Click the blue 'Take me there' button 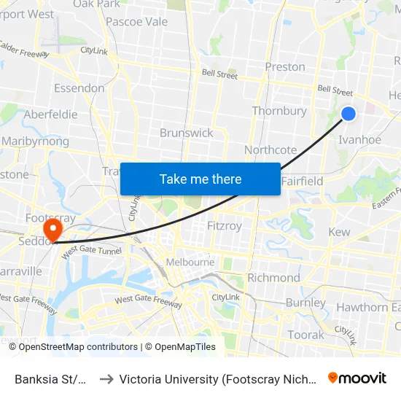coord(200,179)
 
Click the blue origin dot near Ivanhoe coord(349,113)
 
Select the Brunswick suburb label coord(187,133)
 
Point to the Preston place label coord(285,66)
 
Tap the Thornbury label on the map coord(279,111)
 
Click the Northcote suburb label coord(270,149)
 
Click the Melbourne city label coord(190,262)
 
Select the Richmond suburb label coord(273,278)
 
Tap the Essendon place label coord(79,88)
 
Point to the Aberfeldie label coord(50,114)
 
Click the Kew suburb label coord(340,232)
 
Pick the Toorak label coord(306,335)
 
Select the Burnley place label coord(306,303)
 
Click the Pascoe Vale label coord(136,21)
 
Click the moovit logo coord(357,378)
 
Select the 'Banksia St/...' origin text coord(52,379)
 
